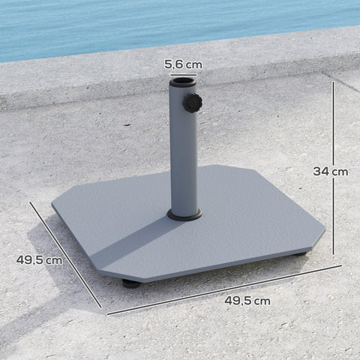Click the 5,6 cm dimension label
(x=184, y=65)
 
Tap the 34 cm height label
(x=331, y=171)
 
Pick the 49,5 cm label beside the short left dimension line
(x=38, y=260)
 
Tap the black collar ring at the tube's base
(x=185, y=215)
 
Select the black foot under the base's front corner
(x=130, y=284)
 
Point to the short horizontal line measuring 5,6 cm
(x=184, y=76)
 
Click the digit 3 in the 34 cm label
(x=318, y=171)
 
